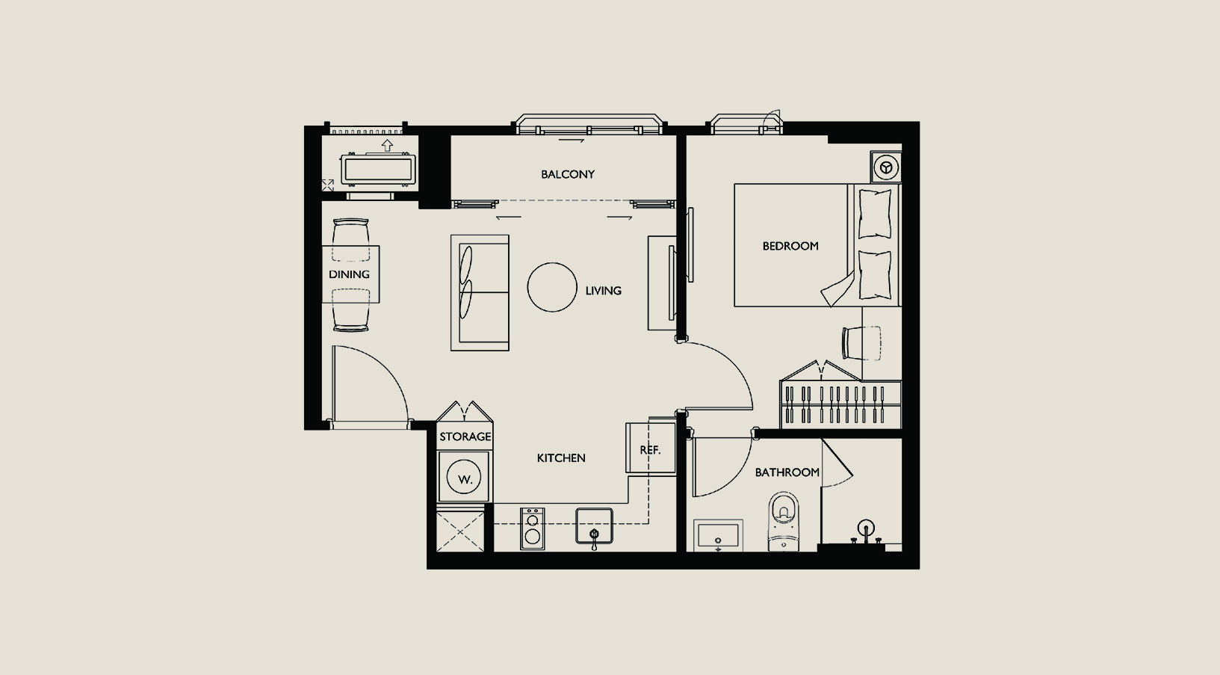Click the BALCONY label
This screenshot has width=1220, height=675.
(568, 174)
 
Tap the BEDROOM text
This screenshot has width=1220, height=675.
(790, 246)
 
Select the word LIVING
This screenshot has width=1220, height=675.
(604, 291)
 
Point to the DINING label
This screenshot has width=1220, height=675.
(349, 274)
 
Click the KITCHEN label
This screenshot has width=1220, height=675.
(561, 458)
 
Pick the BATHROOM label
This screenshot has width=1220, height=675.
(787, 472)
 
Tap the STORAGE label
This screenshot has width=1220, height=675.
(465, 437)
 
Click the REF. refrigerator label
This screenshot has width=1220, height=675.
(650, 451)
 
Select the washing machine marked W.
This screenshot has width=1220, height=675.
(464, 477)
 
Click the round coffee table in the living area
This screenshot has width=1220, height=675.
(551, 287)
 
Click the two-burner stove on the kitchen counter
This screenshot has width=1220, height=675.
(532, 528)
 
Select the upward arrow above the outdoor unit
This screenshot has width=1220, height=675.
(387, 145)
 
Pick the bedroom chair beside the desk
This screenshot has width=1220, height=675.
(861, 343)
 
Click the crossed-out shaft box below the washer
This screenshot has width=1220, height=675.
(460, 531)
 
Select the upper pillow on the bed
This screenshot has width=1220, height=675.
(875, 214)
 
